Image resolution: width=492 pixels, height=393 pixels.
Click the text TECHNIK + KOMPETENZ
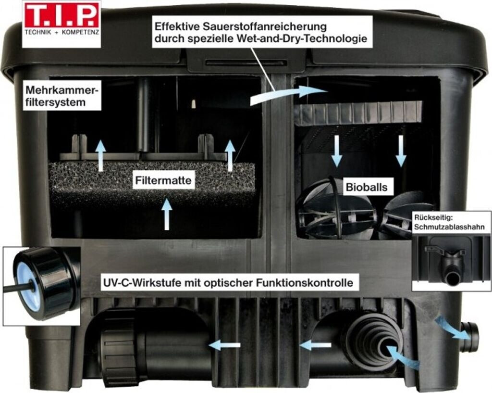pyautogui.click(x=61, y=34)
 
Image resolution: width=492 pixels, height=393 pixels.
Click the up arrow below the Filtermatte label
pyautogui.click(x=167, y=214)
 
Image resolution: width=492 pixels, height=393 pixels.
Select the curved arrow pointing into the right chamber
pyautogui.click(x=288, y=94)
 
